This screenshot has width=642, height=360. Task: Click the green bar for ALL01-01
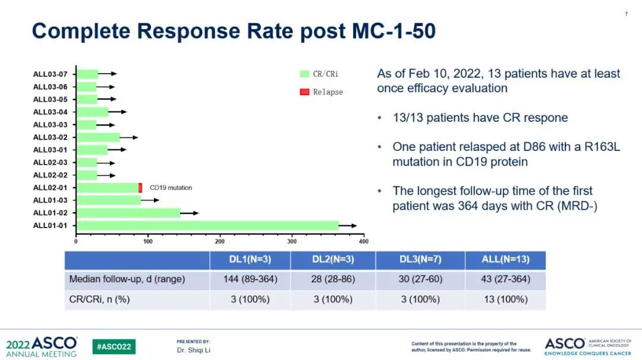coord(207,226)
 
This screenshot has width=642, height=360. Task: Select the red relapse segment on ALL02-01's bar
coord(140,188)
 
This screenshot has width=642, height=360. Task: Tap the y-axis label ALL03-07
coord(50,74)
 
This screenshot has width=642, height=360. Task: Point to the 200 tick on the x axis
coord(220,242)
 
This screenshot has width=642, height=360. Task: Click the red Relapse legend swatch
coord(304,92)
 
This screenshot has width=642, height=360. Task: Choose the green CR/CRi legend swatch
coord(304,74)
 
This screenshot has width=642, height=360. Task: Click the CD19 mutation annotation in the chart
coord(171,188)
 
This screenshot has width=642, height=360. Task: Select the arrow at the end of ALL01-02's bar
coord(190,213)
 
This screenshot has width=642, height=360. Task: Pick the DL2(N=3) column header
coord(333,260)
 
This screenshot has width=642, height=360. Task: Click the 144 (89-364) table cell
coord(250,279)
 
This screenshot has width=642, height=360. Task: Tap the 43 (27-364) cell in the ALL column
coord(505,279)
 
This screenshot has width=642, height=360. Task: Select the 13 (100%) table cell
coord(505,299)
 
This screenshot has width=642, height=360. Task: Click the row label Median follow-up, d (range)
coord(127,279)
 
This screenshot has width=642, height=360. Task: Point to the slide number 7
coord(626,14)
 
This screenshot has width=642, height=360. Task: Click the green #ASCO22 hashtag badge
coord(114,346)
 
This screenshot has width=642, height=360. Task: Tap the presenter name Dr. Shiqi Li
coord(194,350)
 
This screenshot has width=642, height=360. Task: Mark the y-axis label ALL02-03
coord(50,162)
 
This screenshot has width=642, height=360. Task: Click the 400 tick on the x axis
coord(364,242)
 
